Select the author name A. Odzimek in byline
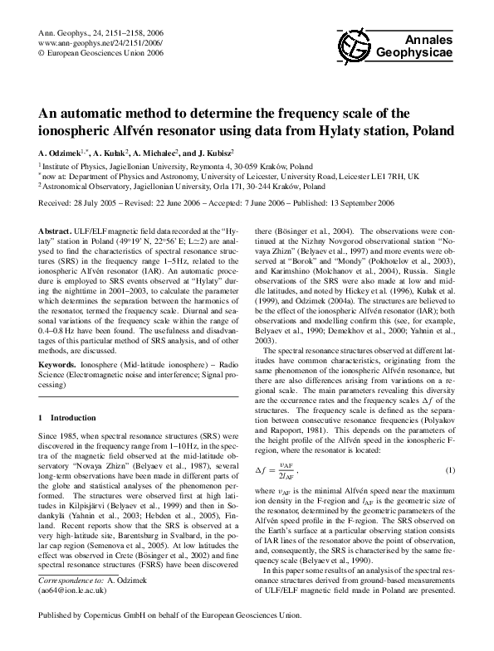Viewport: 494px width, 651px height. [x=65, y=153]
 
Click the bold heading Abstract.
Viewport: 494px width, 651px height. [x=55, y=227]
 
